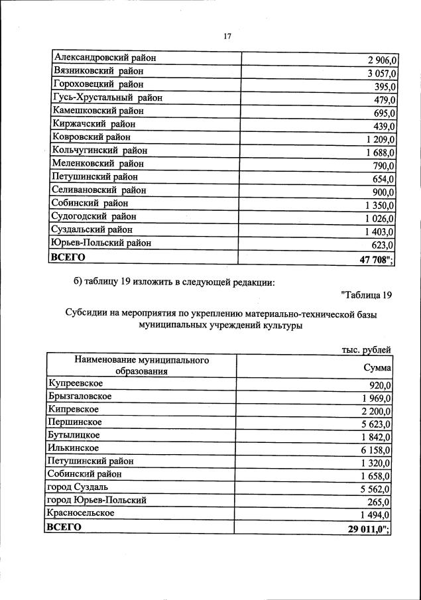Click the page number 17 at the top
point(227,36)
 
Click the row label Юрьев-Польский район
point(101,243)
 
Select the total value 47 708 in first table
point(376,259)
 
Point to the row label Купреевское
point(74,383)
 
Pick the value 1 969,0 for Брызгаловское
point(377,398)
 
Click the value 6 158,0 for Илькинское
point(377,450)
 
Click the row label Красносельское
point(81,513)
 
